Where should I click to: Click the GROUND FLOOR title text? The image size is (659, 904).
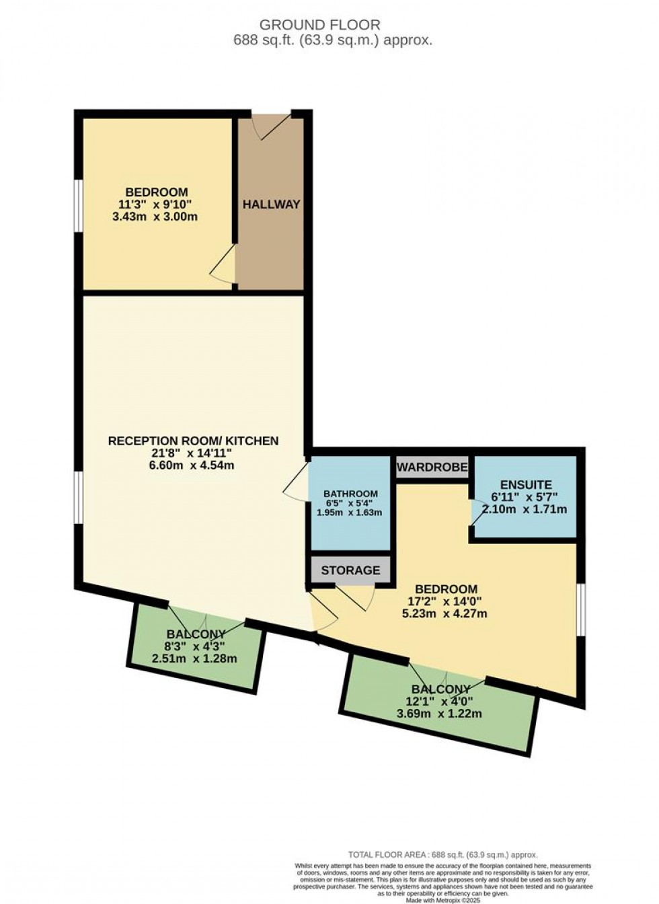(x=319, y=25)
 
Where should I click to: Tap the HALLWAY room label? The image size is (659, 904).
(x=271, y=204)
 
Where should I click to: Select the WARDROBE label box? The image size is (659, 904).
(x=432, y=467)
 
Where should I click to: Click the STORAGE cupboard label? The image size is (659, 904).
(x=350, y=570)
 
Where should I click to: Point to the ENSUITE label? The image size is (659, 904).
(x=526, y=484)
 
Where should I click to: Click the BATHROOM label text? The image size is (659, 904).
(x=350, y=494)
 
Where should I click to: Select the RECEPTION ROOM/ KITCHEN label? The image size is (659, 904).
(x=193, y=441)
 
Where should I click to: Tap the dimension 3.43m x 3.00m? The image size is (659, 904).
(x=155, y=217)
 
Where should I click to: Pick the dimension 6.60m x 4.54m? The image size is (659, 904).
(x=192, y=465)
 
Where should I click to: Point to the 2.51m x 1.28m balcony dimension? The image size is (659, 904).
(x=194, y=658)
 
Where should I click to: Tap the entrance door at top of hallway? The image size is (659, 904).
(x=272, y=124)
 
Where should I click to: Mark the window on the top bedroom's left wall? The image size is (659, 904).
(x=79, y=205)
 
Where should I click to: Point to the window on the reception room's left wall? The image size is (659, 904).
(x=79, y=496)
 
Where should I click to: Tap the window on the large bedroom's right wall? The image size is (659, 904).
(x=580, y=609)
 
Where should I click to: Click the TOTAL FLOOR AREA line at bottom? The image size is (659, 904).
(x=442, y=855)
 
